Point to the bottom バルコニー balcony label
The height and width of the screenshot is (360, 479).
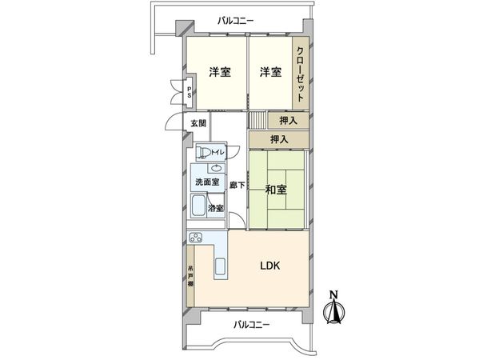[x=252, y=325]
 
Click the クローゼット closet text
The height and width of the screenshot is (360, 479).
[x=300, y=74]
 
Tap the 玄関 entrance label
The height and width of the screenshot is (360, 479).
[x=198, y=123]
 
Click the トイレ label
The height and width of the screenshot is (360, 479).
[x=218, y=151]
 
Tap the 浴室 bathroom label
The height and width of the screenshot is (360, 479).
[x=216, y=209]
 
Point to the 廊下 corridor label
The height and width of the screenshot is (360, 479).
[x=237, y=185]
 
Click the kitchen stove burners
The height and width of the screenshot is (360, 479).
[x=197, y=236]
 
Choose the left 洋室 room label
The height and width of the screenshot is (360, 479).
[x=220, y=73]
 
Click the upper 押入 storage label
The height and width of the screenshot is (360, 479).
[x=289, y=121]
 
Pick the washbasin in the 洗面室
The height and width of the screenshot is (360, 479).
[x=217, y=168]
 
